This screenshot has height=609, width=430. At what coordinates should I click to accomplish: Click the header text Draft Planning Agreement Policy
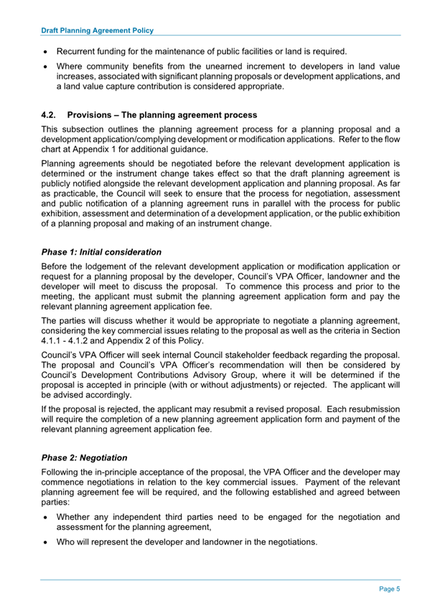point(97,32)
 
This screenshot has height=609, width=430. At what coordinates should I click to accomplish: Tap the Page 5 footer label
point(389,589)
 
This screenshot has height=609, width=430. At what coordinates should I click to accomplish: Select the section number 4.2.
point(49,116)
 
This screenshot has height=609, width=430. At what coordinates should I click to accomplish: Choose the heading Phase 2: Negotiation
point(84,457)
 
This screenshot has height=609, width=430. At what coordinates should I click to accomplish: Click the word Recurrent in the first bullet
point(78,52)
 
